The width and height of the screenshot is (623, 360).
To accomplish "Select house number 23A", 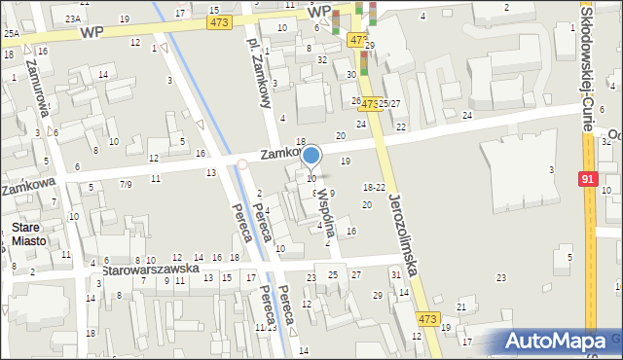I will pyautogui.click(x=73, y=18).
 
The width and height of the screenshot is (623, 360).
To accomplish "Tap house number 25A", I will pyautogui.click(x=11, y=33).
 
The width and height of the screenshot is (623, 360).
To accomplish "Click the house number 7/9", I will pyautogui.click(x=126, y=183).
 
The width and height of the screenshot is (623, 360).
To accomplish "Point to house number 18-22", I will pyautogui.click(x=374, y=187).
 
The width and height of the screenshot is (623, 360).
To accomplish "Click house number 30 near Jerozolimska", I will pyautogui.click(x=350, y=74).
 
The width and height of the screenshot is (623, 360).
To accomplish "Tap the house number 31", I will pyautogui.click(x=395, y=275).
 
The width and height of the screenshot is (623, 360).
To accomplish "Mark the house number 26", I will pyautogui.click(x=355, y=100).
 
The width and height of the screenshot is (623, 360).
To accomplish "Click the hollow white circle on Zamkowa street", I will pyautogui.click(x=242, y=164).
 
